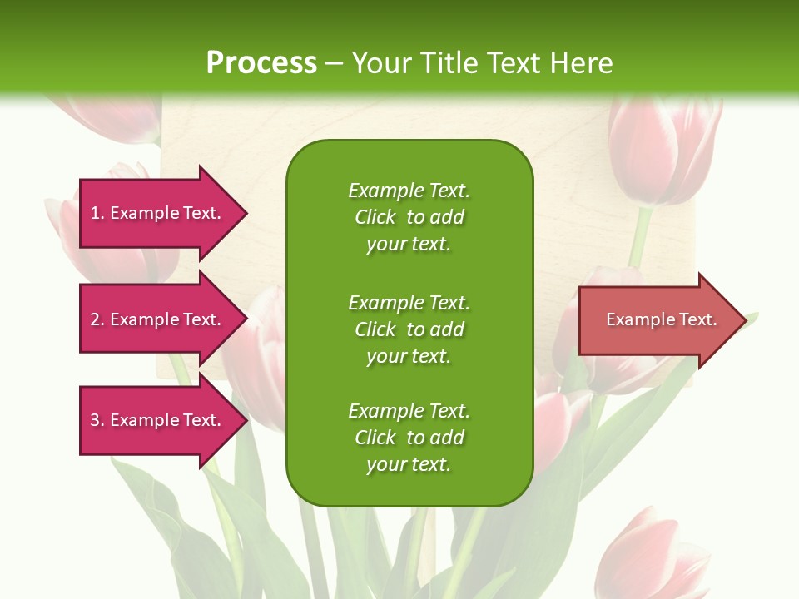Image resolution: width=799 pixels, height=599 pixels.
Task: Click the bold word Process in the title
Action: (x=261, y=63)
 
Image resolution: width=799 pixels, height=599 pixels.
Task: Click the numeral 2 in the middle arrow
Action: (x=95, y=319)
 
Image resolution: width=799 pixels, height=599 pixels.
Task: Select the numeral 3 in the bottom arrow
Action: (x=95, y=420)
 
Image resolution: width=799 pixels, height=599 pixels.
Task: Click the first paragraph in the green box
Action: (x=409, y=217)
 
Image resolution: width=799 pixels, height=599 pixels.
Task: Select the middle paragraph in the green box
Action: (x=409, y=329)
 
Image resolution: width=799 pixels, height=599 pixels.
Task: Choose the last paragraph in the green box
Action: (x=409, y=438)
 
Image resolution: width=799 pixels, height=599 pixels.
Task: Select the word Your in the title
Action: (x=383, y=63)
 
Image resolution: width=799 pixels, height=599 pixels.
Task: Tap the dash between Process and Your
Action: (x=334, y=63)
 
